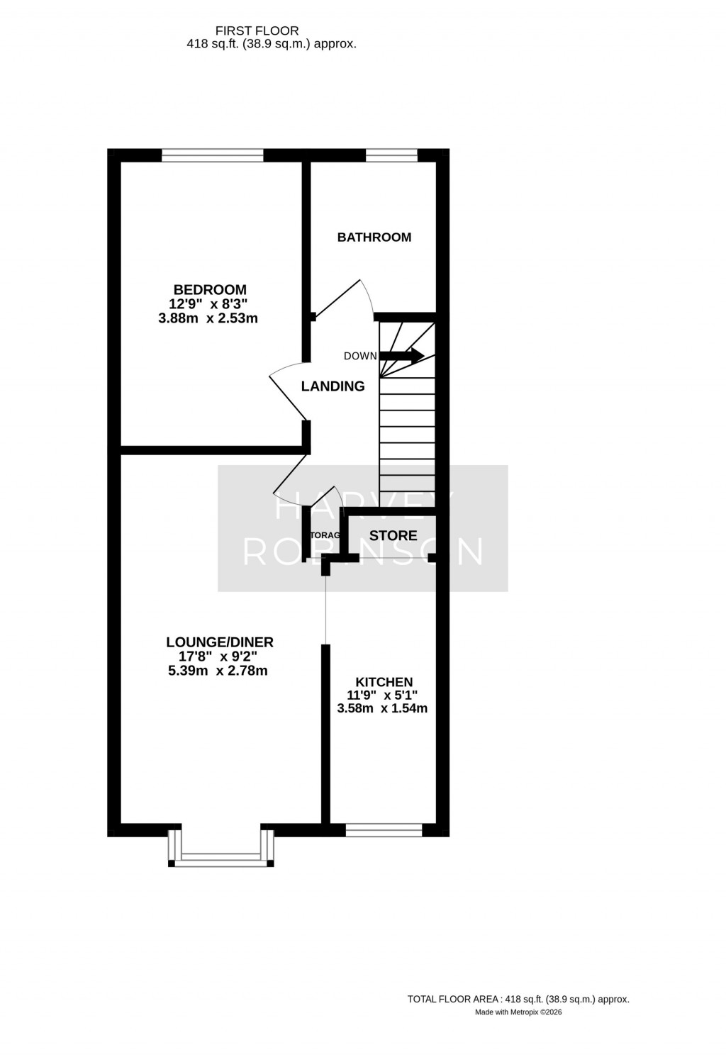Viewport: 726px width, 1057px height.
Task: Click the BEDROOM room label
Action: point(210,289)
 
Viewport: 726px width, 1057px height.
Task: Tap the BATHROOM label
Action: point(374,237)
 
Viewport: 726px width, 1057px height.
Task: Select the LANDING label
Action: point(333,386)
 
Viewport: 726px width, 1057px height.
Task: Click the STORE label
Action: point(393,535)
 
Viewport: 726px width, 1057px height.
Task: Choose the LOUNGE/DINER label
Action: point(219,642)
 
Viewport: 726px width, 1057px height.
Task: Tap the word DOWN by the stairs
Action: point(360,356)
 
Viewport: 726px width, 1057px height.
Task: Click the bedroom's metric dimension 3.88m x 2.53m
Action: point(208,318)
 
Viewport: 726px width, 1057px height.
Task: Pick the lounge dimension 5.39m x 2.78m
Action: point(218,670)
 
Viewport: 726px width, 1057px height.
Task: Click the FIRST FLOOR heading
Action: point(257,30)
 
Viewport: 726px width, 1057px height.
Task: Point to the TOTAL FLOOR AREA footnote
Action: point(518,999)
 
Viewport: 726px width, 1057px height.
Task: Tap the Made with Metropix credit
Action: point(518,1012)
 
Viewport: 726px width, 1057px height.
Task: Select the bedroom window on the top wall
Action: point(212,155)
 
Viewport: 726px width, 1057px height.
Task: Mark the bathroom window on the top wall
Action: point(391,155)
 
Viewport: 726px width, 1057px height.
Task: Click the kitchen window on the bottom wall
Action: point(384,830)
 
